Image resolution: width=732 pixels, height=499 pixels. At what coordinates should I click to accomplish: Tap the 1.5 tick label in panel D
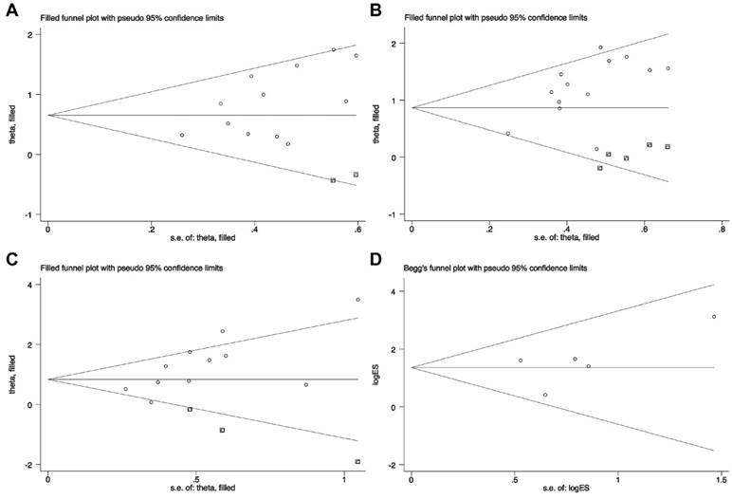coord(718,474)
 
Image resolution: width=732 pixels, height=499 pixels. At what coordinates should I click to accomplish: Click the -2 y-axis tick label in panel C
coord(35,464)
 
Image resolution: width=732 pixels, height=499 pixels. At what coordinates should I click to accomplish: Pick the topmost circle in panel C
coord(357,300)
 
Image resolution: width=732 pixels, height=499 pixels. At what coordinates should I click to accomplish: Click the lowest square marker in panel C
coord(357,461)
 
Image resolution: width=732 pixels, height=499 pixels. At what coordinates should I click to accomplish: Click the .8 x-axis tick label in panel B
coord(721,228)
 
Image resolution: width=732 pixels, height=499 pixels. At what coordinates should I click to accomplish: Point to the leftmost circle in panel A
coord(182,136)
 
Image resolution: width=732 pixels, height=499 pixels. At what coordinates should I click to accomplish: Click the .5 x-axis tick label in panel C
coord(195,474)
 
